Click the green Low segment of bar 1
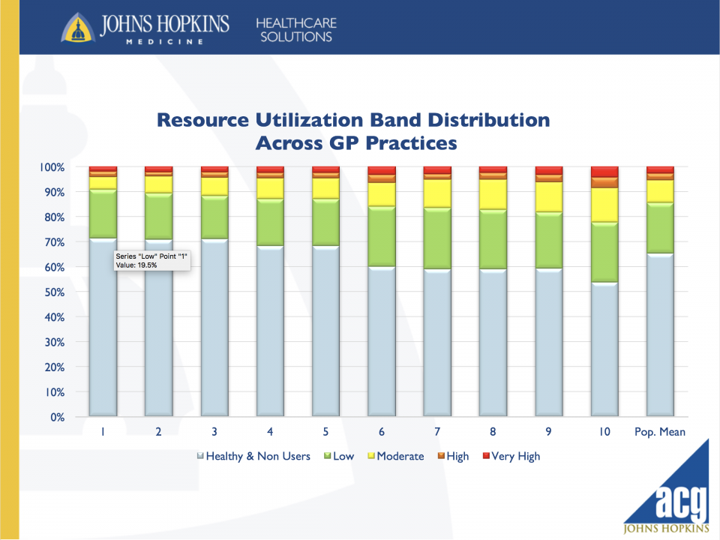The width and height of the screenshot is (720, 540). click(x=103, y=214)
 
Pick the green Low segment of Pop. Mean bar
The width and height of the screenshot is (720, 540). click(x=660, y=228)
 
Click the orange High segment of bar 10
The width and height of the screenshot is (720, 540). click(x=604, y=182)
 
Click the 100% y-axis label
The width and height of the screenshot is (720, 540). click(x=52, y=167)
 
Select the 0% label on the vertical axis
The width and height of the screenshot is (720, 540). click(x=57, y=417)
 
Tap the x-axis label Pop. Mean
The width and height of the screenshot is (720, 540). click(x=660, y=432)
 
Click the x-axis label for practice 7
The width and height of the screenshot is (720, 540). click(x=437, y=432)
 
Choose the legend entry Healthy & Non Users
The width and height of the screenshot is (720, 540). click(x=253, y=456)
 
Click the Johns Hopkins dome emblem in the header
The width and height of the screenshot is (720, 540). click(x=77, y=28)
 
